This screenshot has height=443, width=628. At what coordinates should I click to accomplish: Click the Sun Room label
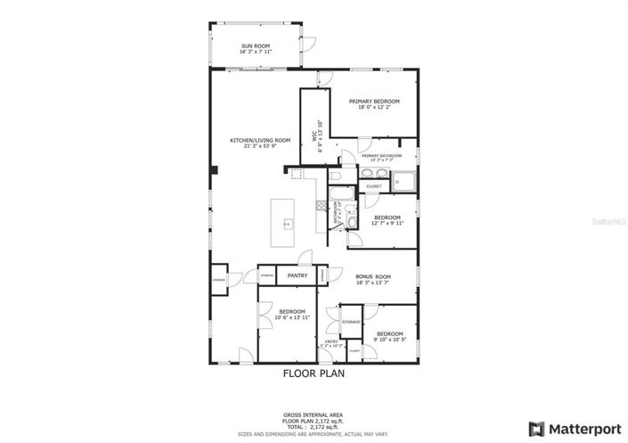[x=255, y=46]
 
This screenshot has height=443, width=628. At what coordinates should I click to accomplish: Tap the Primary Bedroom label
[x=373, y=102]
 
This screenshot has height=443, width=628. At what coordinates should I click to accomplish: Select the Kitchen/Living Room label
[x=260, y=140]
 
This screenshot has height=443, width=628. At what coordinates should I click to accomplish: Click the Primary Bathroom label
[x=373, y=157]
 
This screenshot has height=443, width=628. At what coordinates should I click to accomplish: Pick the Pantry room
[x=298, y=276]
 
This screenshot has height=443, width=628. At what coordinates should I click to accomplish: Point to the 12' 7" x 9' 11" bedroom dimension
[x=387, y=224]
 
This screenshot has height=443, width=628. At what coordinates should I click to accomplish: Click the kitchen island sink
[x=287, y=223]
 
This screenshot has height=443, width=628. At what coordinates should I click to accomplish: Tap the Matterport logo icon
[x=537, y=428]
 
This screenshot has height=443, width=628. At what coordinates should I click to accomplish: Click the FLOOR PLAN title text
[x=314, y=374]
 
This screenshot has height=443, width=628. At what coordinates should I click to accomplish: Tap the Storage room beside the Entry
[x=351, y=322]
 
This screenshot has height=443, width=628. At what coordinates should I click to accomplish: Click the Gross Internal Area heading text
[x=314, y=414]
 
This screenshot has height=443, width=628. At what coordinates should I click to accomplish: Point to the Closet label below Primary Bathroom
[x=373, y=186]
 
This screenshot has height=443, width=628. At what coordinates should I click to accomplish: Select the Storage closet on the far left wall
[x=219, y=280]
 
